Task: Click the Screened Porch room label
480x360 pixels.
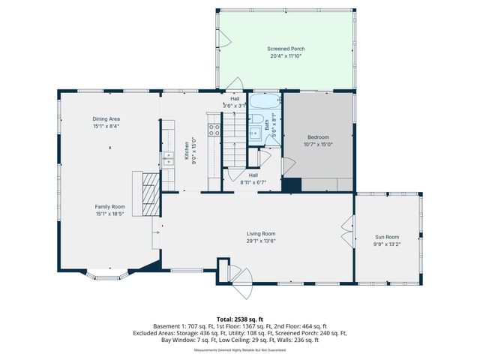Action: pyautogui.click(x=286, y=49)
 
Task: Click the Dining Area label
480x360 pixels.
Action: pyautogui.click(x=106, y=119)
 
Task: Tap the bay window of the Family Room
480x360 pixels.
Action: pyautogui.click(x=109, y=274)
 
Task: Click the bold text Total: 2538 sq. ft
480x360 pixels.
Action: pyautogui.click(x=239, y=319)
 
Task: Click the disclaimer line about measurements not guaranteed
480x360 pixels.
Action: pyautogui.click(x=239, y=349)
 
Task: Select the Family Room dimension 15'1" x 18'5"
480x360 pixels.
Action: pyautogui.click(x=109, y=213)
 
